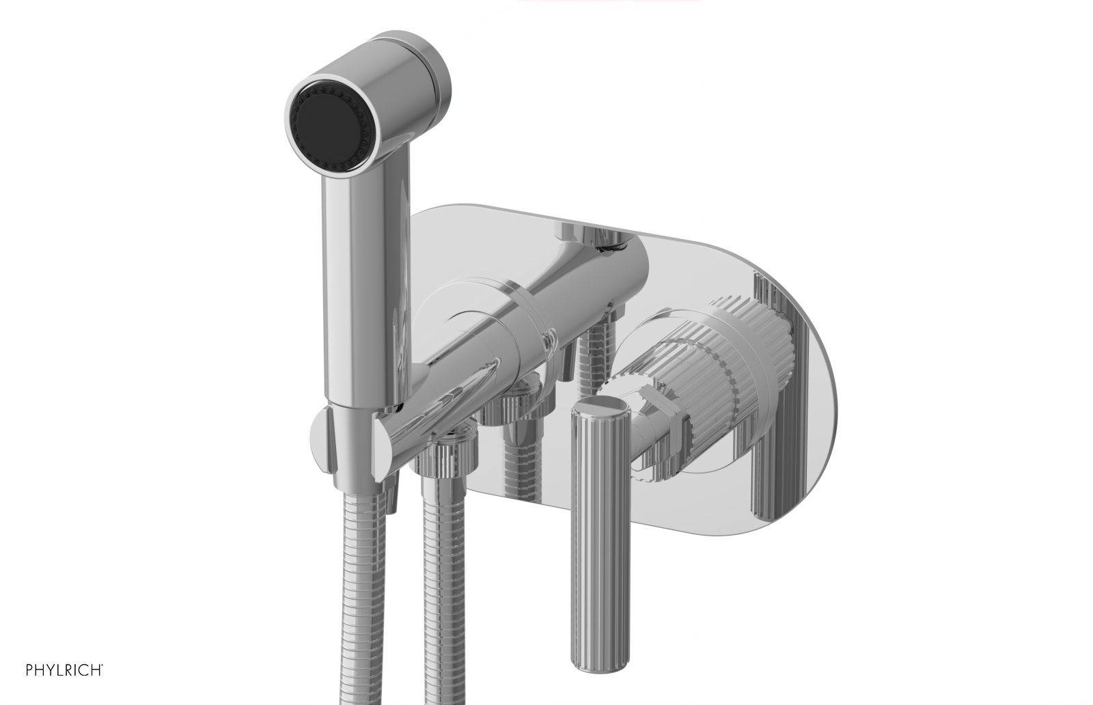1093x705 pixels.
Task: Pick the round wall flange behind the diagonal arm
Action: (437, 321)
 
